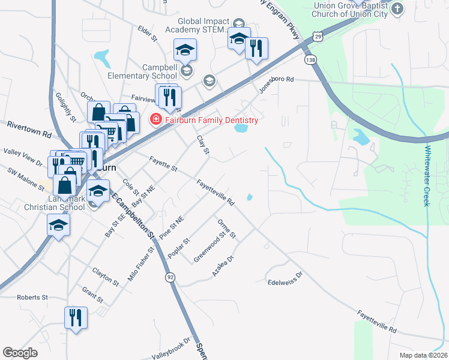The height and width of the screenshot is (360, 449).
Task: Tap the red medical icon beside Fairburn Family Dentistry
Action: [x=155, y=120]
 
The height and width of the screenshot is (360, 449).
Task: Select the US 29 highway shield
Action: [x=318, y=37]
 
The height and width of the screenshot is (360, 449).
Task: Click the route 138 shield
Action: [x=310, y=60]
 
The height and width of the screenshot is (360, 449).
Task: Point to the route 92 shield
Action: [x=170, y=277]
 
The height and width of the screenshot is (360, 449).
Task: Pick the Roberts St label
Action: [x=32, y=297]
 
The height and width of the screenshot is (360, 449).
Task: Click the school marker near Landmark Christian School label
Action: [x=58, y=226]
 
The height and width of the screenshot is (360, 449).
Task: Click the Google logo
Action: [x=20, y=353]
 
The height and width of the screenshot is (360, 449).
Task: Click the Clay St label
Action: [x=203, y=145]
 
